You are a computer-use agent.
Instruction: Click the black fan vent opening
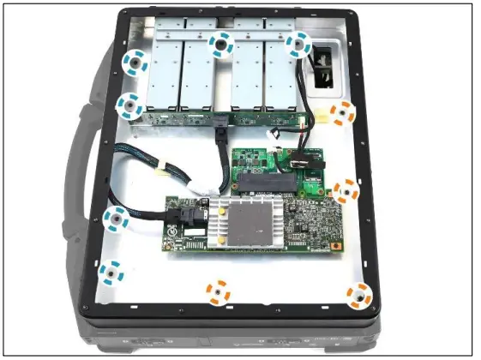point(327,64)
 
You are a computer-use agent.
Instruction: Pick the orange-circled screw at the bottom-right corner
point(360,297)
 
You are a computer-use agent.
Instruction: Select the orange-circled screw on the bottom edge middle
point(218,292)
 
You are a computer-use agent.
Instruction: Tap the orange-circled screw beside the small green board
point(346,191)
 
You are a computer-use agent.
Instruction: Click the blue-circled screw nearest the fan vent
point(298,44)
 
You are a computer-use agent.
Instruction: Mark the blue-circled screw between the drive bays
point(223,44)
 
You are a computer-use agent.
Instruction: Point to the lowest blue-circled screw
point(110,273)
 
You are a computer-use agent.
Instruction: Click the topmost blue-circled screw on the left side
point(135,62)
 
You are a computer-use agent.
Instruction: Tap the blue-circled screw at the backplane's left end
point(129,106)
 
